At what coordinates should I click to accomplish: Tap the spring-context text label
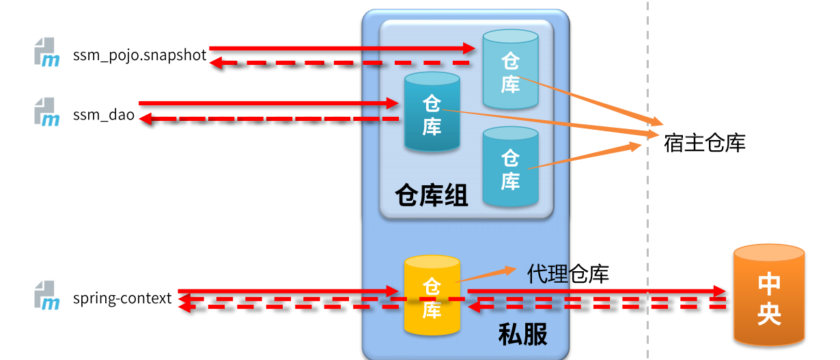[x=122, y=299]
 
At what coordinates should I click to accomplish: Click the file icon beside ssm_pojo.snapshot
[x=47, y=52]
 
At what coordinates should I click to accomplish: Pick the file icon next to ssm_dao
[x=47, y=111]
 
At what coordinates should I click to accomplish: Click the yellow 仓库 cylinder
[x=431, y=296]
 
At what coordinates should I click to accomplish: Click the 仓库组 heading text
[x=432, y=197]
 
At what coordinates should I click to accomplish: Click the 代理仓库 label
[x=568, y=274]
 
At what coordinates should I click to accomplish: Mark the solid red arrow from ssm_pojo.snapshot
[x=341, y=48]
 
